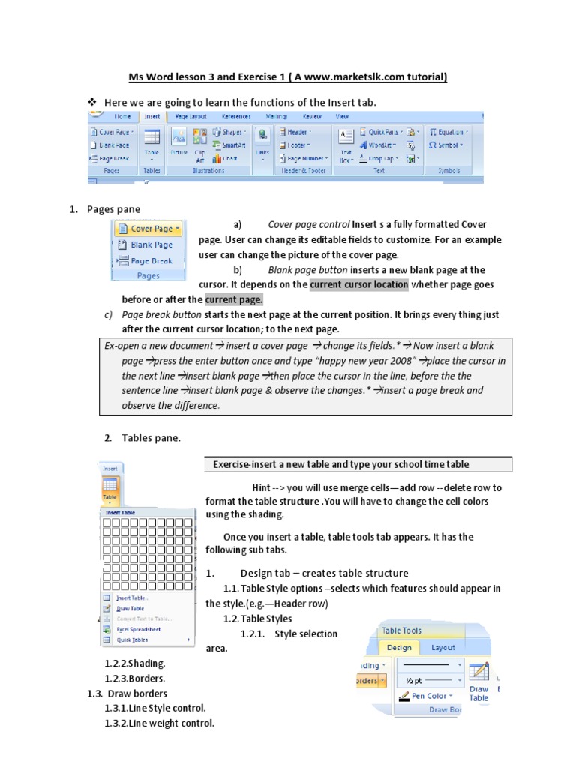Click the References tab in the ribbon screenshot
tap(236, 117)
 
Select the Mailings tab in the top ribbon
tap(277, 117)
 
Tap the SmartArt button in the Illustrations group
tap(230, 145)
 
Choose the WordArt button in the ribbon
tap(382, 145)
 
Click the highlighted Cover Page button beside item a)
tap(148, 229)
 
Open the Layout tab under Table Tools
tap(442, 647)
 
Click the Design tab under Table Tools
tap(399, 647)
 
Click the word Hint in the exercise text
tap(265, 487)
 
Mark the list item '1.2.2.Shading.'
tap(135, 664)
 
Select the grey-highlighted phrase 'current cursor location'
tap(359, 284)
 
